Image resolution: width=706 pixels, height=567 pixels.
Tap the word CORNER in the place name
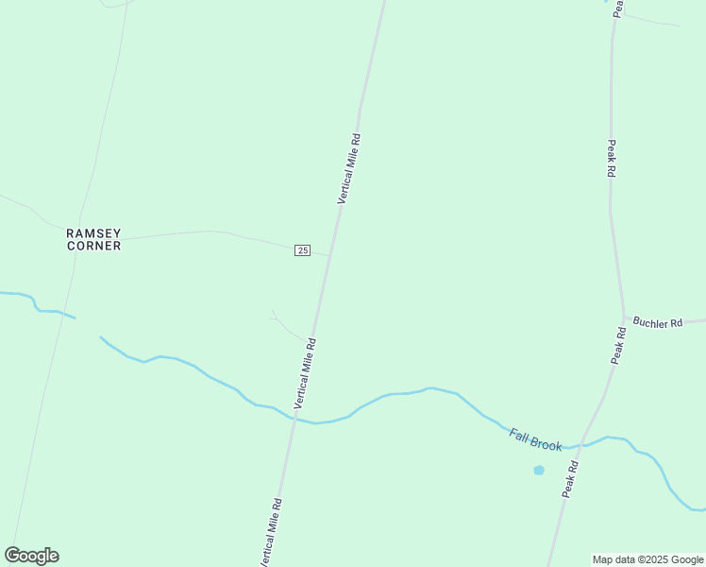click(x=93, y=246)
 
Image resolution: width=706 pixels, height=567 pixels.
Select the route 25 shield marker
click(x=302, y=249)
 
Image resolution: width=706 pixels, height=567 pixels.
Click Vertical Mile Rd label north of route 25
click(x=349, y=169)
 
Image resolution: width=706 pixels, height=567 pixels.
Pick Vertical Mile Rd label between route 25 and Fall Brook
click(x=304, y=373)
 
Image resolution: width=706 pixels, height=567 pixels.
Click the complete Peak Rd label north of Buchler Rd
click(x=612, y=159)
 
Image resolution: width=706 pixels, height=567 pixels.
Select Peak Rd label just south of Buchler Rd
click(x=618, y=346)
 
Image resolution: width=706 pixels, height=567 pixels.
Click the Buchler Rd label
click(x=658, y=323)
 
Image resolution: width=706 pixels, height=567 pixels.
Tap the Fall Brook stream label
click(x=535, y=438)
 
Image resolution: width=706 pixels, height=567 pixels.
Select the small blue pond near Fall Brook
click(x=539, y=470)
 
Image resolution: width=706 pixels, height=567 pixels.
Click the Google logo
click(x=31, y=556)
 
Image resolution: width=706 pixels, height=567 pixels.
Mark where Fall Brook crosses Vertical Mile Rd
click(x=294, y=420)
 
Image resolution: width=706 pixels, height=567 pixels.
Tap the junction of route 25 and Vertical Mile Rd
click(x=329, y=255)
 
